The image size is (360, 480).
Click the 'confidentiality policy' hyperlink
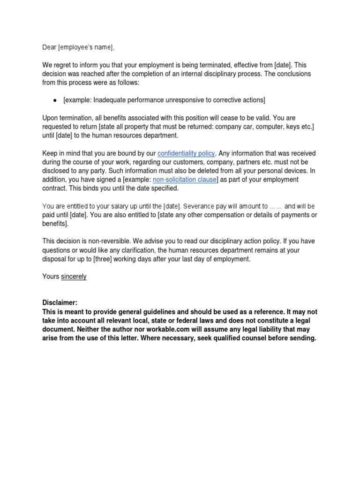(186, 153)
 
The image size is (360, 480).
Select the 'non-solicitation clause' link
(185, 180)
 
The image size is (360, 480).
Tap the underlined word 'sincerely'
(74, 277)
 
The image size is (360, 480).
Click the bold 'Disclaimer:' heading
(60, 303)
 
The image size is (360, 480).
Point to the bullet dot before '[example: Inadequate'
(55, 100)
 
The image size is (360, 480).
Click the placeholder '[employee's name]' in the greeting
(86, 47)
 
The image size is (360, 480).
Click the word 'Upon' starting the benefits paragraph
(50, 118)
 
